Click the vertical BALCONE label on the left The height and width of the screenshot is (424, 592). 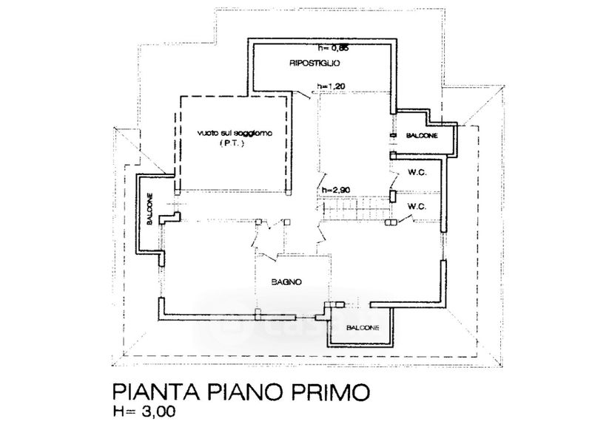(150, 210)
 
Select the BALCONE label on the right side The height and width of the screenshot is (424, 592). (422, 136)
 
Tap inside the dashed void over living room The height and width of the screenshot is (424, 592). (232, 163)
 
